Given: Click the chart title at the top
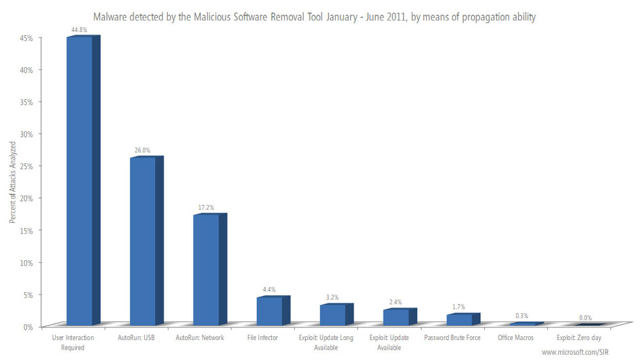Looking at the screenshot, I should coord(314,17).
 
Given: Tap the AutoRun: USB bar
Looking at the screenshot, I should coord(143,241).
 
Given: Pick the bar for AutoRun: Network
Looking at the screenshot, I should coord(206,269).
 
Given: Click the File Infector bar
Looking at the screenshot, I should coord(270,311).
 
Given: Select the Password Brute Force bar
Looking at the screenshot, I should coord(460,319).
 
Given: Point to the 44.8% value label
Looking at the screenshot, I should coord(79,29).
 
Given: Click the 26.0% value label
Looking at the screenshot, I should coord(143,150).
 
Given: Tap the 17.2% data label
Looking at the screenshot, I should coord(206,207).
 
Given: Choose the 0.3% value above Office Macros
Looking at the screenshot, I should coord(522,316).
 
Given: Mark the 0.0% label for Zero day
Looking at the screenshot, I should coord(585,318).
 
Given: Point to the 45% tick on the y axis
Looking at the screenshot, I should coord(26,38).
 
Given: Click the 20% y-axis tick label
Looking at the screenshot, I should coord(26,198).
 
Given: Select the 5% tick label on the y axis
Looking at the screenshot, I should coord(28,295).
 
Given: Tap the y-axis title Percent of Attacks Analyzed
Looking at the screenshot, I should coord(12,182).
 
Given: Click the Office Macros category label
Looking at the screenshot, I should coord(517,338).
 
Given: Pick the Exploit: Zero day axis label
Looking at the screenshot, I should coord(579,338).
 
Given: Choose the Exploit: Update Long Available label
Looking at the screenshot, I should coord(326,342).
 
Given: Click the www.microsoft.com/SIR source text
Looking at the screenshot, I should coord(575,352).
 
